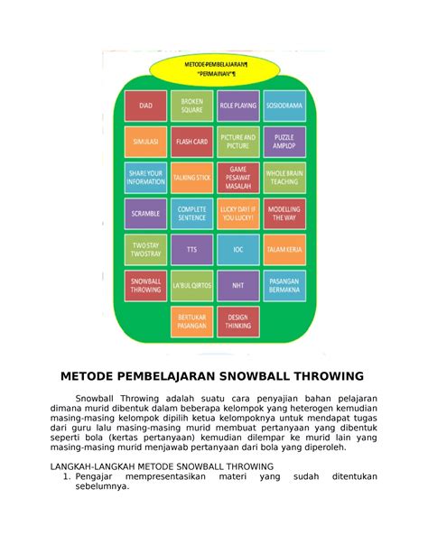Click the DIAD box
145,106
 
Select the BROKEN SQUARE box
191,106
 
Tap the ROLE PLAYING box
237,106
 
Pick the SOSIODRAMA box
284,106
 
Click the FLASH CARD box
191,142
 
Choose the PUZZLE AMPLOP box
284,142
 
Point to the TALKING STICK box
191,178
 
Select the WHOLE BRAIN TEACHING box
284,178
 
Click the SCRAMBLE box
145,214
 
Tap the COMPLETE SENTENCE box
191,214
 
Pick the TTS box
191,250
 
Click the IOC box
237,250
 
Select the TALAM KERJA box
284,250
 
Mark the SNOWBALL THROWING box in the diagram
145,285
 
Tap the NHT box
237,285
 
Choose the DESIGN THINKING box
237,322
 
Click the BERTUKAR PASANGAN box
191,322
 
